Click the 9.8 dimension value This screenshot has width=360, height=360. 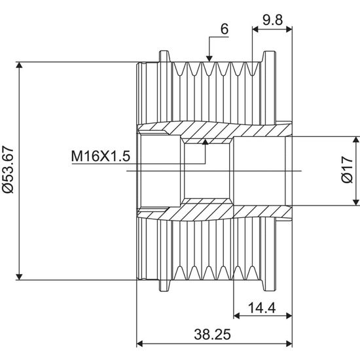tap(272, 20)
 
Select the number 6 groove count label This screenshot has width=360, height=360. tap(225, 29)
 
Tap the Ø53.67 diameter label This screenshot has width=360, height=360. tap(8, 170)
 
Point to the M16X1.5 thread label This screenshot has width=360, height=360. tap(101, 156)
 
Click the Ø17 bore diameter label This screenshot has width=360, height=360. tap(347, 170)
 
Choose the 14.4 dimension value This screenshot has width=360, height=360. tap(262, 308)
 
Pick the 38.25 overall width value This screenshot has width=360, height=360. tap(212, 334)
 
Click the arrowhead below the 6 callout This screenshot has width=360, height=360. tap(209, 58)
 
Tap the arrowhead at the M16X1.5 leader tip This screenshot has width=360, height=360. tap(206, 141)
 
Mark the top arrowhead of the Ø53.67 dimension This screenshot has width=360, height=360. tap(20, 65)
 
